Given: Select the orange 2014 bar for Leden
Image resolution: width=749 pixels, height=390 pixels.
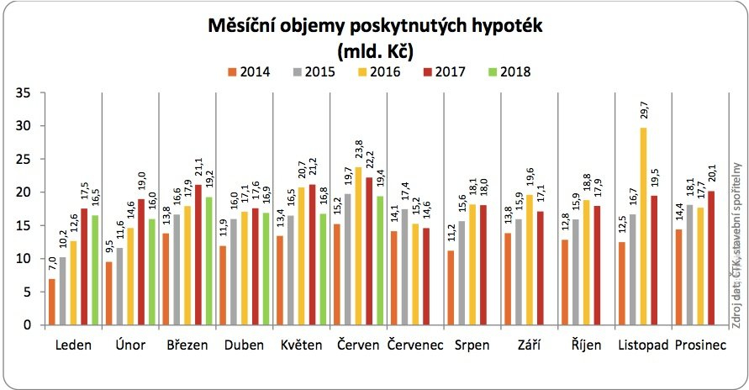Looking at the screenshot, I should [52, 302].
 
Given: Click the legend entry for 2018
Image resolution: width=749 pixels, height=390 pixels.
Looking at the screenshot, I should [509, 71].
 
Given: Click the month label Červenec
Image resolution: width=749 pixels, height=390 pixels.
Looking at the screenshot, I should [415, 345].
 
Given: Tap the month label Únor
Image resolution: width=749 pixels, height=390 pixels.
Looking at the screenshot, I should [129, 345].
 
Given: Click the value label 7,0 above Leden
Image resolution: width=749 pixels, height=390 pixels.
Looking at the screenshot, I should [52, 267].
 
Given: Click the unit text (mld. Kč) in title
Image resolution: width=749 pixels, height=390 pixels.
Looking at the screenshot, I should [375, 50].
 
